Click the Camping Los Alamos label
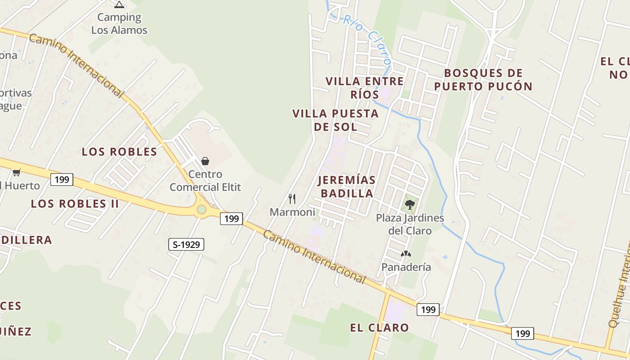[119, 24]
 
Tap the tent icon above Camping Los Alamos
[119, 5]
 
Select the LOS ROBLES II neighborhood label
[75, 203]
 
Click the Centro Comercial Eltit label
[205, 180]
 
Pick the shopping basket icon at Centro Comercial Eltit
[205, 161]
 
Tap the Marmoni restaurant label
[292, 212]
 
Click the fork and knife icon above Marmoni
[292, 198]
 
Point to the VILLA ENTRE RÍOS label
[364, 88]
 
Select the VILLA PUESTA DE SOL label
[335, 120]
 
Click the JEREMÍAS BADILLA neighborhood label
[346, 187]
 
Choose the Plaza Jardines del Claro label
[410, 224]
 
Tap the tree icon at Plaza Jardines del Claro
[409, 205]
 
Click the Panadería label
[406, 267]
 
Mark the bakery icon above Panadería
[406, 254]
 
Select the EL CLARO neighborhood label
[379, 328]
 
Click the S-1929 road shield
[186, 245]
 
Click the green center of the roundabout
[202, 209]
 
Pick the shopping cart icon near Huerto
[17, 172]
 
